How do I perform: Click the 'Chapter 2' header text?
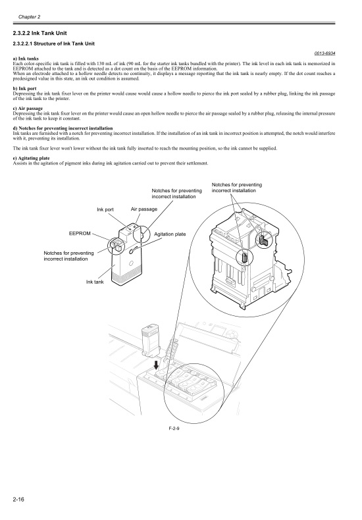[x=30, y=16]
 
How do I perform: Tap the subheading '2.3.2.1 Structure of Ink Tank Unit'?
[x=54, y=43]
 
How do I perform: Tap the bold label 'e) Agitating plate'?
[x=33, y=159]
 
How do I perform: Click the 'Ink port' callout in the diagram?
[x=105, y=209]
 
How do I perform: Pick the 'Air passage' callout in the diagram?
[x=143, y=209]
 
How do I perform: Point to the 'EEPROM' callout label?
[x=80, y=233]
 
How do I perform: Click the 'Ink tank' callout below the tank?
[x=95, y=282]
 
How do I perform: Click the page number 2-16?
[x=20, y=503]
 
